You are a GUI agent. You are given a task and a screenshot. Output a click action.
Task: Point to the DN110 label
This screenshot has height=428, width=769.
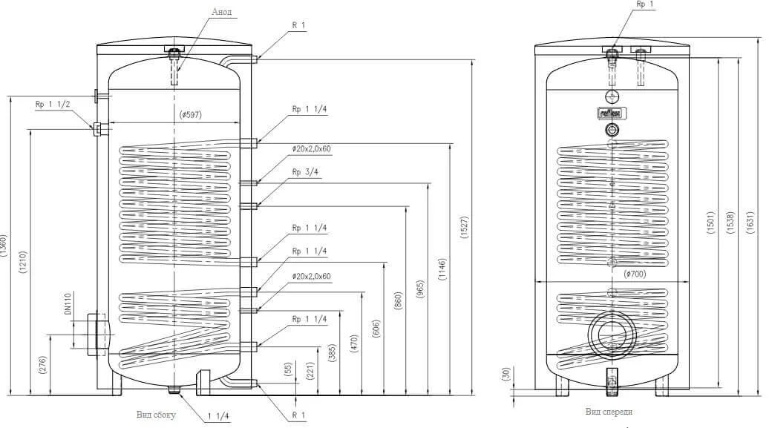pyautogui.click(x=66, y=305)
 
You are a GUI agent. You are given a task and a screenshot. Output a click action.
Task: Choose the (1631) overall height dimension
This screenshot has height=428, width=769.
pyautogui.click(x=757, y=221)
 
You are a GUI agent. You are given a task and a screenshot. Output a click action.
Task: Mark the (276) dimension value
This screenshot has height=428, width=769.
pyautogui.click(x=42, y=364)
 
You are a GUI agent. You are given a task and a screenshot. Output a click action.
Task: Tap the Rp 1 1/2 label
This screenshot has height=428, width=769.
pyautogui.click(x=52, y=105)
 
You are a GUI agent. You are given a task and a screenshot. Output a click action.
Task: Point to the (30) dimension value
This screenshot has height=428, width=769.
pyautogui.click(x=508, y=375)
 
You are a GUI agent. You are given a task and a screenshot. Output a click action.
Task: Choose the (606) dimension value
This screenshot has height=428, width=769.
pyautogui.click(x=377, y=330)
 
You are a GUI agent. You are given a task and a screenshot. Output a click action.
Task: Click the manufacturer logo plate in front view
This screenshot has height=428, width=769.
pyautogui.click(x=610, y=113)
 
